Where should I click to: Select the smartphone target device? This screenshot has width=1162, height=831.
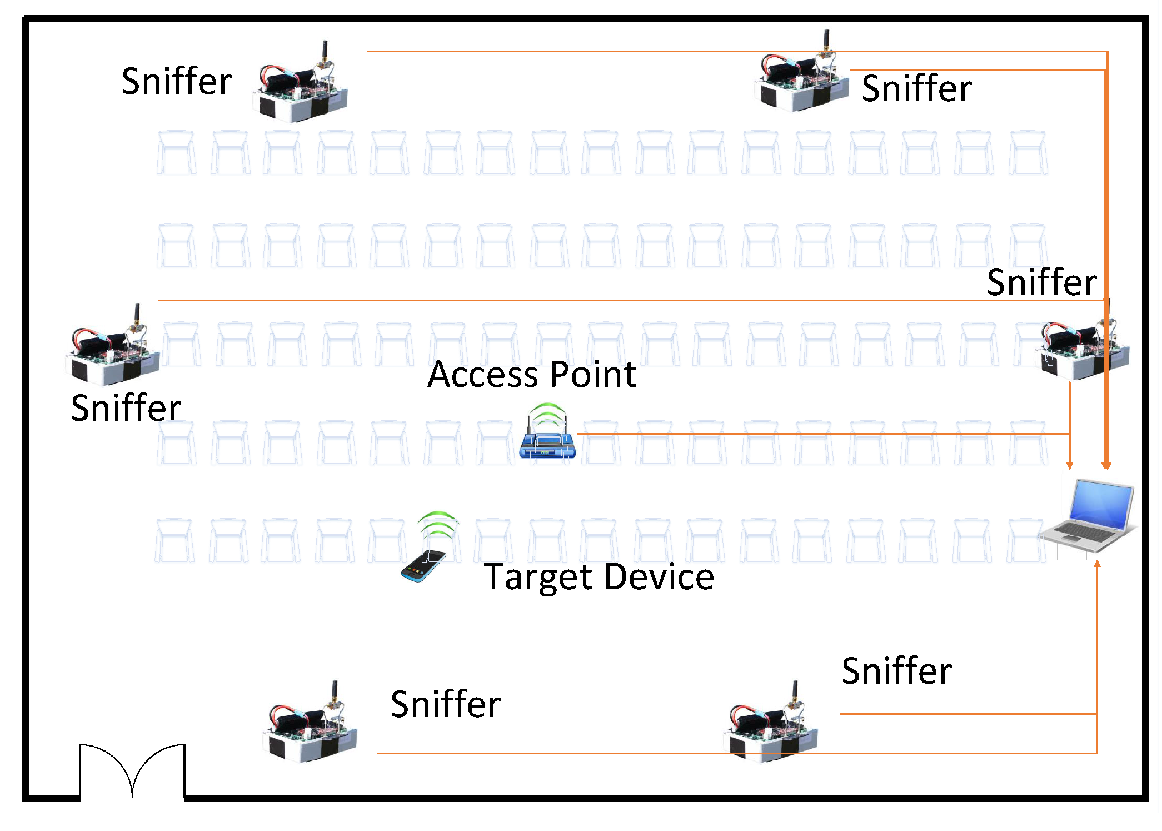(x=424, y=565)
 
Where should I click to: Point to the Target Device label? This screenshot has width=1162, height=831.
(x=599, y=576)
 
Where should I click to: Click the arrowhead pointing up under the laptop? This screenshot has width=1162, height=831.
(x=1097, y=564)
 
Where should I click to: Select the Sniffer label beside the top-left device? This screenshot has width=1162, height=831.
(x=177, y=81)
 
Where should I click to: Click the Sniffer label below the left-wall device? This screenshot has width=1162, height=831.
(x=126, y=407)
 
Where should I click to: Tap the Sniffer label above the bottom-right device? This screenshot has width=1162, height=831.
(x=896, y=670)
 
